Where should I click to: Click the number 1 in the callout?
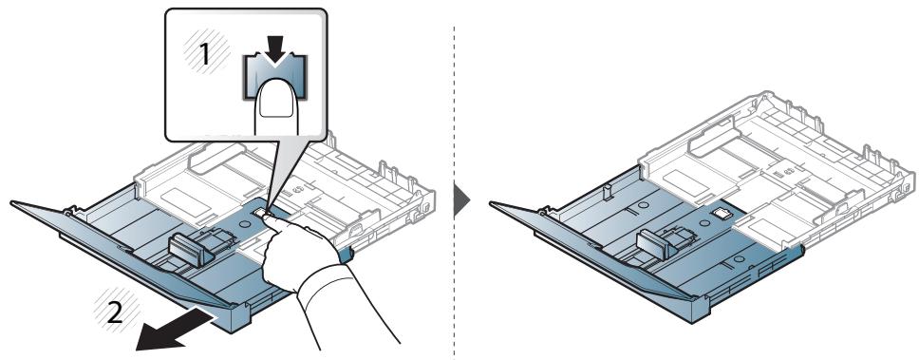[204, 55]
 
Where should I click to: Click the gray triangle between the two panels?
[461, 201]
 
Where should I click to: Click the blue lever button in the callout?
[274, 76]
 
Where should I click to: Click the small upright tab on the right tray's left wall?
[608, 192]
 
